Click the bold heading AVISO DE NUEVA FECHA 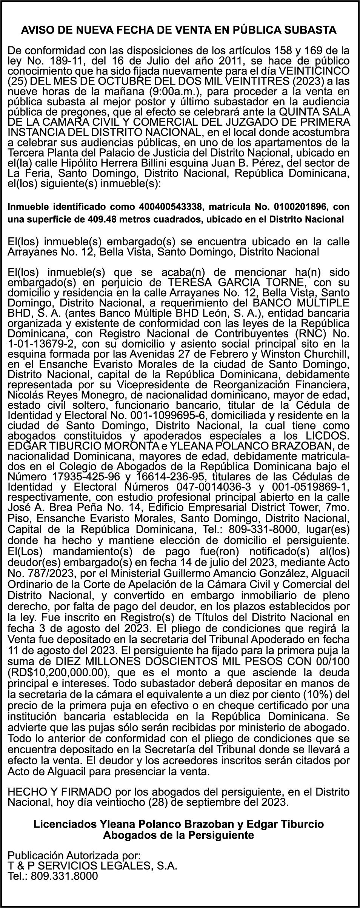tap(178, 30)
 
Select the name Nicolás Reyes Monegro tap(51, 395)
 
